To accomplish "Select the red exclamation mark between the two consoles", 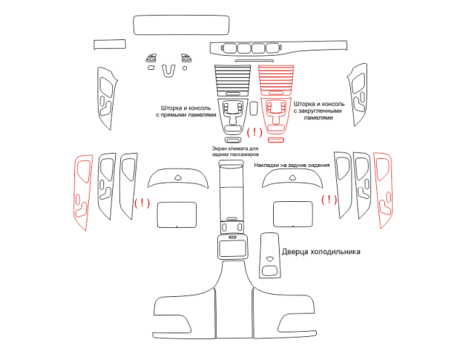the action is tap(254, 132).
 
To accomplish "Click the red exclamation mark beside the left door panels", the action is tap(142, 203).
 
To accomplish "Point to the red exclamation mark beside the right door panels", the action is tap(329, 200).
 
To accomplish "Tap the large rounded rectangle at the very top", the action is tap(181, 25).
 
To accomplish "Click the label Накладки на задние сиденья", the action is tap(292, 166).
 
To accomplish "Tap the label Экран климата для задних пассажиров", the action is tap(235, 151).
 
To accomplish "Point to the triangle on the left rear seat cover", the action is tap(178, 177).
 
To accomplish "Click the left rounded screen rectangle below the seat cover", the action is tap(177, 215).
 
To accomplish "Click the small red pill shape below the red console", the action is tap(276, 140).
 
